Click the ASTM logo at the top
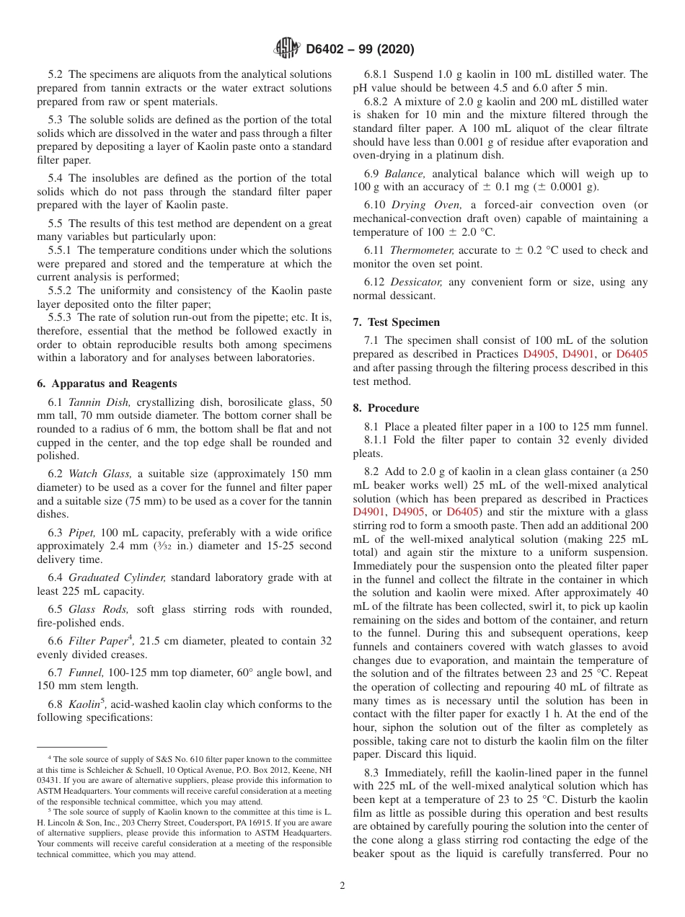pyautogui.click(x=288, y=49)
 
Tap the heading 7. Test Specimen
pyautogui.click(x=396, y=322)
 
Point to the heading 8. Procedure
pyautogui.click(x=386, y=408)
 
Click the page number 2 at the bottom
pyautogui.click(x=342, y=885)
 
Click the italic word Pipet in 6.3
pyautogui.click(x=81, y=533)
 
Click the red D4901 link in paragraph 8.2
pyautogui.click(x=368, y=512)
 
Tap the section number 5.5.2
pyautogui.click(x=61, y=291)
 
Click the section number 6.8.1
pyautogui.click(x=378, y=74)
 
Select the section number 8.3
pyautogui.click(x=373, y=772)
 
